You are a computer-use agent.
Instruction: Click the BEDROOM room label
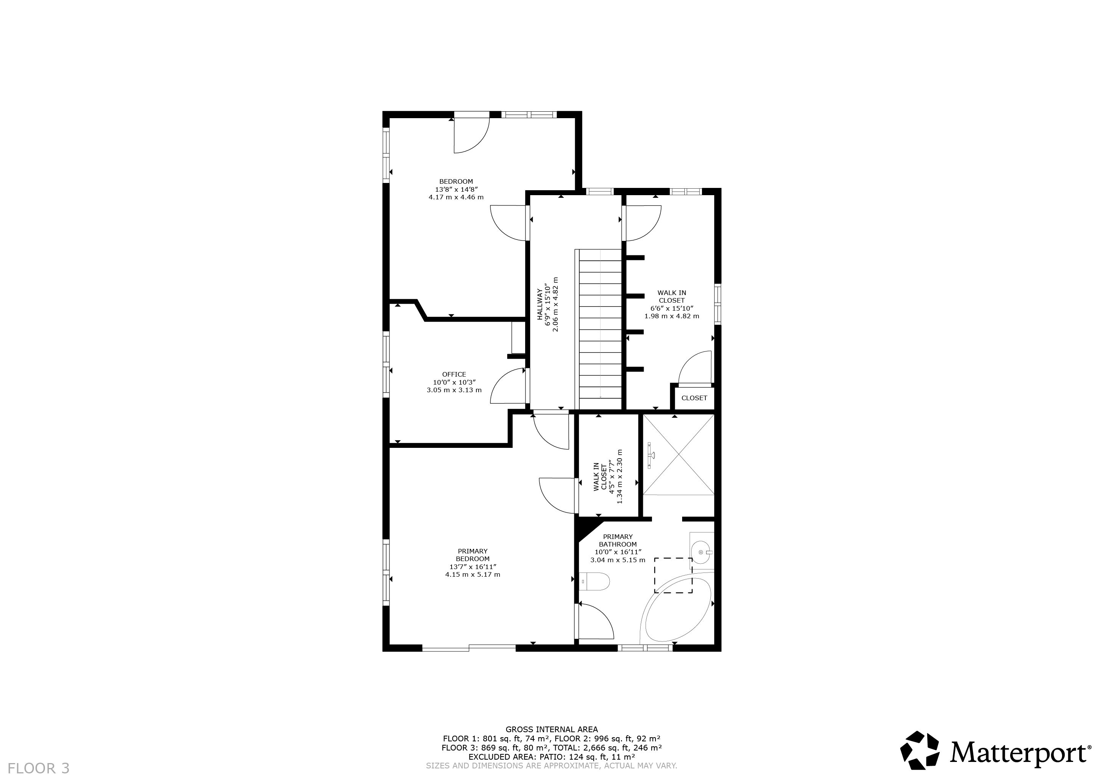456,181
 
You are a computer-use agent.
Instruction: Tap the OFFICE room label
454,374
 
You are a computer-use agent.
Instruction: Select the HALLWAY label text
540,305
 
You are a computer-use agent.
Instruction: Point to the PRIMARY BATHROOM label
618,540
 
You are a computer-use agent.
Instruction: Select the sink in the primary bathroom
702,552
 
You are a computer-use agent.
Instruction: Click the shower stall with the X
678,454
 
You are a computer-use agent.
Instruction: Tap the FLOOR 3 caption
39,768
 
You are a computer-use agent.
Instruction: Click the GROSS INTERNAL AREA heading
551,730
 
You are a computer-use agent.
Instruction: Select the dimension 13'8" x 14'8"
456,189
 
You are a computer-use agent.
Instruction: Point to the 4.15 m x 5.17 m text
473,574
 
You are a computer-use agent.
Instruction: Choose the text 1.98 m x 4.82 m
672,316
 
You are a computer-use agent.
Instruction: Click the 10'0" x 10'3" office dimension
454,382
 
